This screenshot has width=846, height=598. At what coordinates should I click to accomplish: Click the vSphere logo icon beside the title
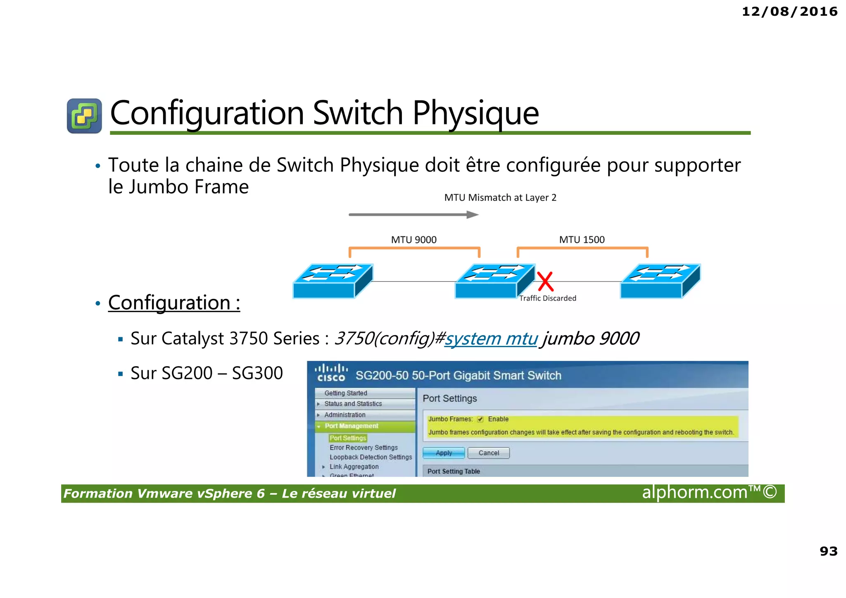point(84,116)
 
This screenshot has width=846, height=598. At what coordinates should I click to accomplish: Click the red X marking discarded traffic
point(545,281)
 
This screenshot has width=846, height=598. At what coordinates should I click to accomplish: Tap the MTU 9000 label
point(413,240)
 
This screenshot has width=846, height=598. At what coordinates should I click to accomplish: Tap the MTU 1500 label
point(582,240)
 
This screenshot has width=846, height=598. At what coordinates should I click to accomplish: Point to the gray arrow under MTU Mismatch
point(413,214)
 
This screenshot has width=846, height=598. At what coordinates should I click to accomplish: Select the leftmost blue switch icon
point(333,281)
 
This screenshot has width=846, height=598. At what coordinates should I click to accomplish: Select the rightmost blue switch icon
point(660,281)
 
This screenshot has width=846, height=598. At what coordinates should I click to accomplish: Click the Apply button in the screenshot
point(444,453)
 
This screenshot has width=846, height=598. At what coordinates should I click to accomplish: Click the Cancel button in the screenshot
point(489,453)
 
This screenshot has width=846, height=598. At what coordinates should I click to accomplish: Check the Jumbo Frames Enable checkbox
point(480,419)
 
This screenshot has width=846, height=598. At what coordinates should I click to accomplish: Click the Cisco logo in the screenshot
point(331,373)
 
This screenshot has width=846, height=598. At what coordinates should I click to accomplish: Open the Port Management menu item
point(351,426)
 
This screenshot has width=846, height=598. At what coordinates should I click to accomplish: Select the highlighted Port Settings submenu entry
point(348,438)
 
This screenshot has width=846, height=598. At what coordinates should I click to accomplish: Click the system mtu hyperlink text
point(491,339)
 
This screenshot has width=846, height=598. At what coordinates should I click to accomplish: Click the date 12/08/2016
point(789,12)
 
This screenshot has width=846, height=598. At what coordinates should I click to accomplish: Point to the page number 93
point(828,551)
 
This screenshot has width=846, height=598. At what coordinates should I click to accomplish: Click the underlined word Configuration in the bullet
point(169,303)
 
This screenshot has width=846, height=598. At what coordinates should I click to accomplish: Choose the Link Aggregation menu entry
point(354,467)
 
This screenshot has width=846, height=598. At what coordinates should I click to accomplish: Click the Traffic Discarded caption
point(547,298)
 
